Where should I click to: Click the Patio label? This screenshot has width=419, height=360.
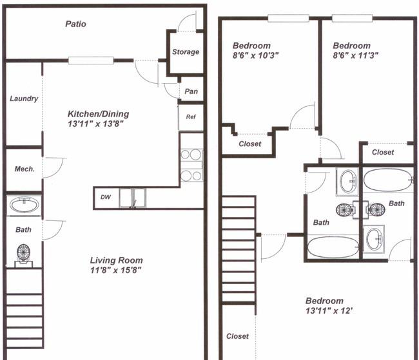pyautogui.click(x=75, y=24)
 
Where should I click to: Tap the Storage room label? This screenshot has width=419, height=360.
pyautogui.click(x=186, y=52)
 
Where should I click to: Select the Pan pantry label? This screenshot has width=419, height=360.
pyautogui.click(x=191, y=91)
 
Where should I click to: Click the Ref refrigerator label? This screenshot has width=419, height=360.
pyautogui.click(x=191, y=117)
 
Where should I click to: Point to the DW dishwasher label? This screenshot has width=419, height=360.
pyautogui.click(x=106, y=197)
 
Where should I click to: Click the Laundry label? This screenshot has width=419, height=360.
pyautogui.click(x=24, y=99)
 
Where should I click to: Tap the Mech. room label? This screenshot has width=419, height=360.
pyautogui.click(x=24, y=169)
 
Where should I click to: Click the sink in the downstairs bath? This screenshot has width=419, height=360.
pyautogui.click(x=24, y=205)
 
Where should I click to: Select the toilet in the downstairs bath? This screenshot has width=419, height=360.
pyautogui.click(x=23, y=255)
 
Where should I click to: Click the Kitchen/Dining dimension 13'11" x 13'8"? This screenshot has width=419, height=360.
pyautogui.click(x=95, y=124)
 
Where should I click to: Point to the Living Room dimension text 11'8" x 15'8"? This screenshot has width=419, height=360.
pyautogui.click(x=115, y=270)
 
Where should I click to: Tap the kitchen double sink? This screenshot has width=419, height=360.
pyautogui.click(x=133, y=198)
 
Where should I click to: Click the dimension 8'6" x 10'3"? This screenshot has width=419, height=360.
pyautogui.click(x=255, y=55)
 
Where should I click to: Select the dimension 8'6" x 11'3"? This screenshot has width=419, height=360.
pyautogui.click(x=355, y=55)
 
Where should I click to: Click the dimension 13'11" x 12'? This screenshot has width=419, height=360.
pyautogui.click(x=329, y=310)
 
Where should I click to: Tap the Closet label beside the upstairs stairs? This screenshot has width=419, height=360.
pyautogui.click(x=237, y=336)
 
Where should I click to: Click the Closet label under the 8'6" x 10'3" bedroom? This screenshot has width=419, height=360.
pyautogui.click(x=250, y=144)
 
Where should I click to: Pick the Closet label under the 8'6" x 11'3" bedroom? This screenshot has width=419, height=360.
pyautogui.click(x=383, y=152)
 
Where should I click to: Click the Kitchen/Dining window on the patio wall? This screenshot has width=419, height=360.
pyautogui.click(x=91, y=61)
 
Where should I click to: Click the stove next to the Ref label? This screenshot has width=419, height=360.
pyautogui.click(x=191, y=166)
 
